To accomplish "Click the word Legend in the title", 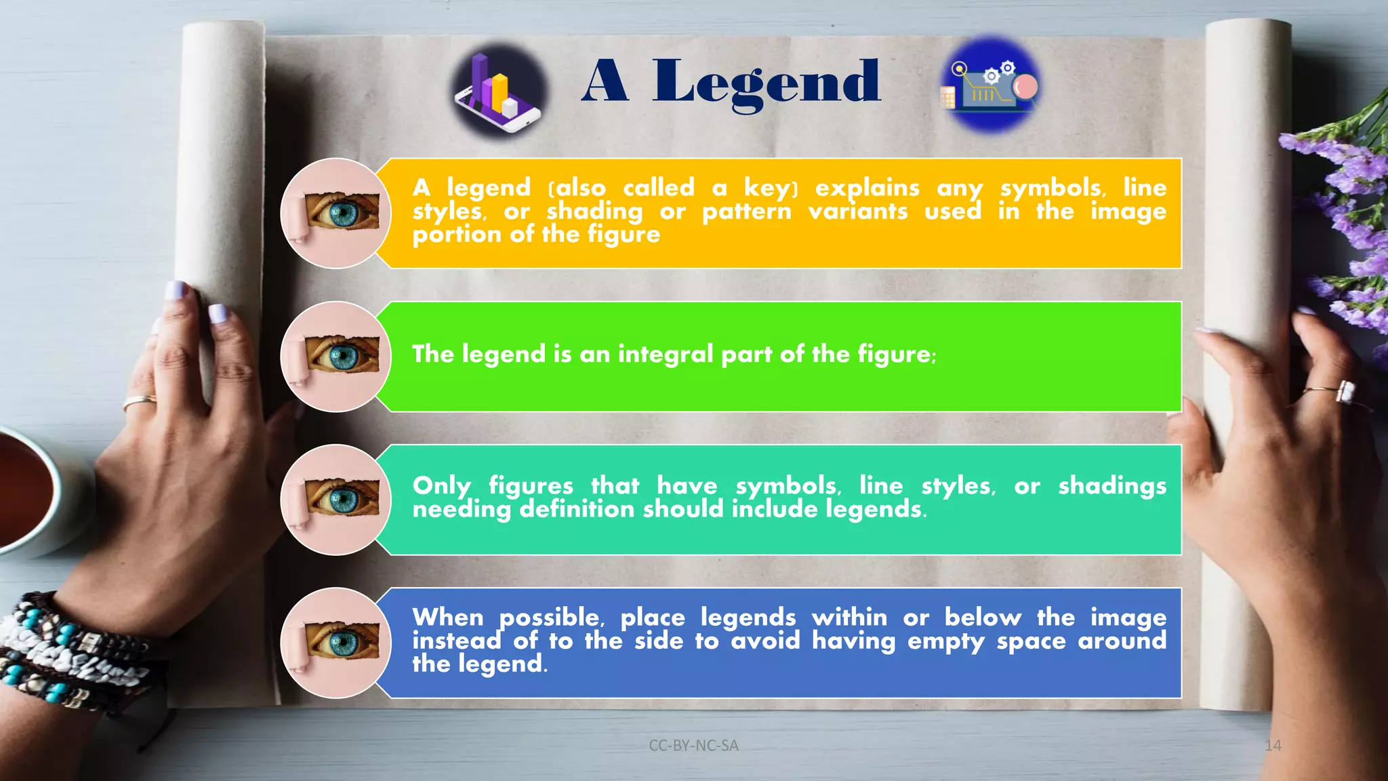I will (766, 83).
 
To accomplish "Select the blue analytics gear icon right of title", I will (990, 85).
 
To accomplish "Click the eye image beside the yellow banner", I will (336, 214).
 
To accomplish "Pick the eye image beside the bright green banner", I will (336, 357).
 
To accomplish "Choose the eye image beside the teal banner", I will (336, 500).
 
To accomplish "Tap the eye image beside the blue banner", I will (336, 643).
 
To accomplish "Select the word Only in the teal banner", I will (442, 486).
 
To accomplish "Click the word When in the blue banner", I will (448, 618).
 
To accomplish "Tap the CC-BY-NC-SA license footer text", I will (693, 746).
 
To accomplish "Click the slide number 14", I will (1273, 746).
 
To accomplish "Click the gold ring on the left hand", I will (139, 403).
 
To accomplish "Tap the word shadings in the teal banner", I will (1112, 486).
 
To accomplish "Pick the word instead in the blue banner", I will (456, 641).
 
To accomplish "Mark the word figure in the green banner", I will (895, 354).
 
